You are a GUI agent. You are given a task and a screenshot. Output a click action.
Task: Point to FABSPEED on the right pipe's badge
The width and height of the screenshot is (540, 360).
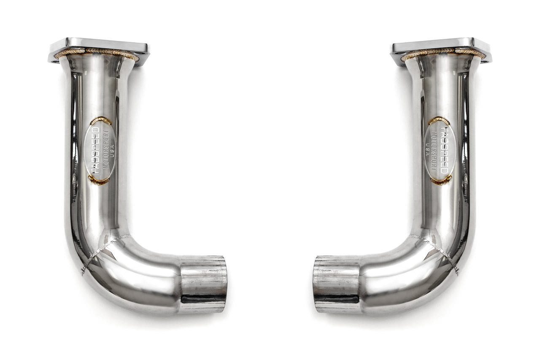(x=444, y=150)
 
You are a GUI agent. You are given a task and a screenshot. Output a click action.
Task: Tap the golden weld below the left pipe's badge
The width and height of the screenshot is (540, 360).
(x=97, y=180)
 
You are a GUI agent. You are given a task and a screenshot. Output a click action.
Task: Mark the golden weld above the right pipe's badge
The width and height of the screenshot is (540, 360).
(x=439, y=120)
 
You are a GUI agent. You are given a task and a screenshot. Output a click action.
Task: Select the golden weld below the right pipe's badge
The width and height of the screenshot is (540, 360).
(x=443, y=180)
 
